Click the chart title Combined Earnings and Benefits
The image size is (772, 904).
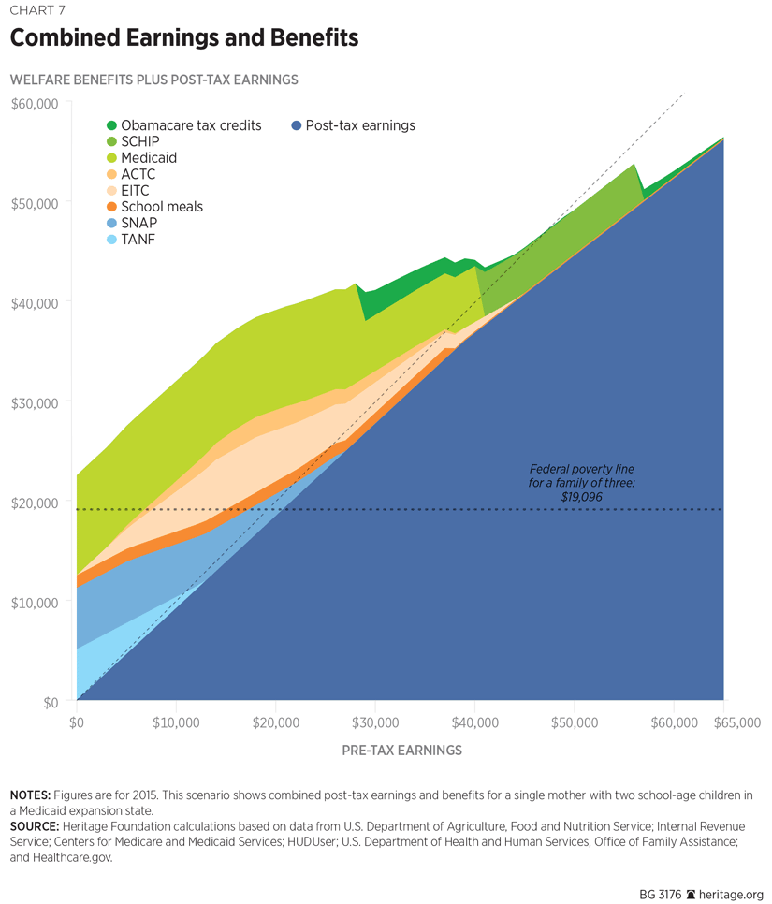tap(184, 39)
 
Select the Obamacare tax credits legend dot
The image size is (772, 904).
tap(112, 125)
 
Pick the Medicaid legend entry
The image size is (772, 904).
tap(148, 158)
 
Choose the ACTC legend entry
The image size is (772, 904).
tap(138, 174)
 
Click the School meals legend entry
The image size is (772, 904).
tap(161, 207)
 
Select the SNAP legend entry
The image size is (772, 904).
tap(138, 224)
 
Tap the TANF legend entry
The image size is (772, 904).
tap(138, 240)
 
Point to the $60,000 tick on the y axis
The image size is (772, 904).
tap(35, 103)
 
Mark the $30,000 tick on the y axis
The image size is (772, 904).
tap(35, 402)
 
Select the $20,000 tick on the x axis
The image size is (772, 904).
tap(276, 722)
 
